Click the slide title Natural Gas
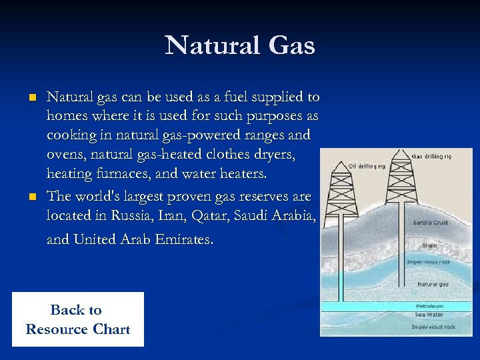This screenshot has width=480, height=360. pos(239,45)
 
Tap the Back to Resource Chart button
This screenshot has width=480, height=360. pos(77,319)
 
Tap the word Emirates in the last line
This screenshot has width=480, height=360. pos(182,239)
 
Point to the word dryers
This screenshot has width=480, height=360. pos(274,155)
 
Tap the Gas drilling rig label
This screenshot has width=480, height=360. pos(432,157)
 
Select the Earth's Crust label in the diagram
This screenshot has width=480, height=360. pos(431,223)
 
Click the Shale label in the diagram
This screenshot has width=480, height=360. pos(429,245)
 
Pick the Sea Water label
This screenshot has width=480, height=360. pos(429,315)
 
